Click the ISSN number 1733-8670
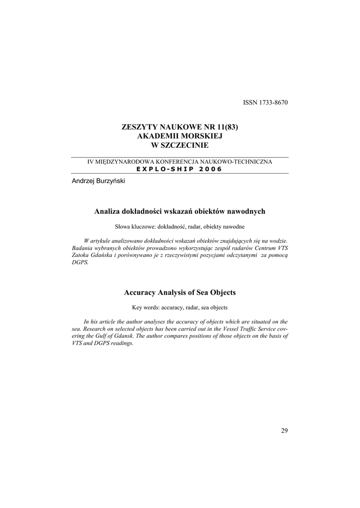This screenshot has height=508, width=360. click(272, 103)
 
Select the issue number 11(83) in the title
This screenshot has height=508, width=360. click(226, 127)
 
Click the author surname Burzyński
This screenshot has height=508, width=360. click(110, 181)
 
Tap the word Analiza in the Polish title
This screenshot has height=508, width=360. click(106, 212)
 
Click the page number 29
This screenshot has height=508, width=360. click(284, 430)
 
